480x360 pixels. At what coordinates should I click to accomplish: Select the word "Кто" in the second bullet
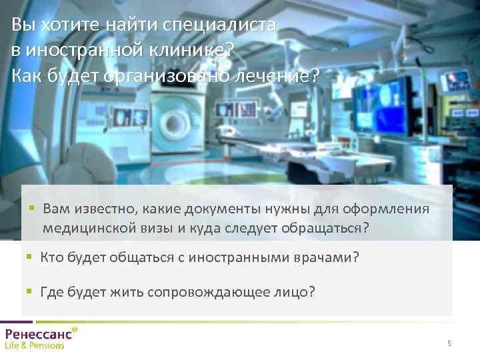click(52, 257)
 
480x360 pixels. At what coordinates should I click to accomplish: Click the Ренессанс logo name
click(39, 334)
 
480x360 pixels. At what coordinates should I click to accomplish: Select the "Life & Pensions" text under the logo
click(35, 346)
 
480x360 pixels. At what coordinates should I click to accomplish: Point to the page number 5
click(449, 343)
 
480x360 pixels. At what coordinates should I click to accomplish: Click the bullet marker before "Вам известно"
click(32, 209)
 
